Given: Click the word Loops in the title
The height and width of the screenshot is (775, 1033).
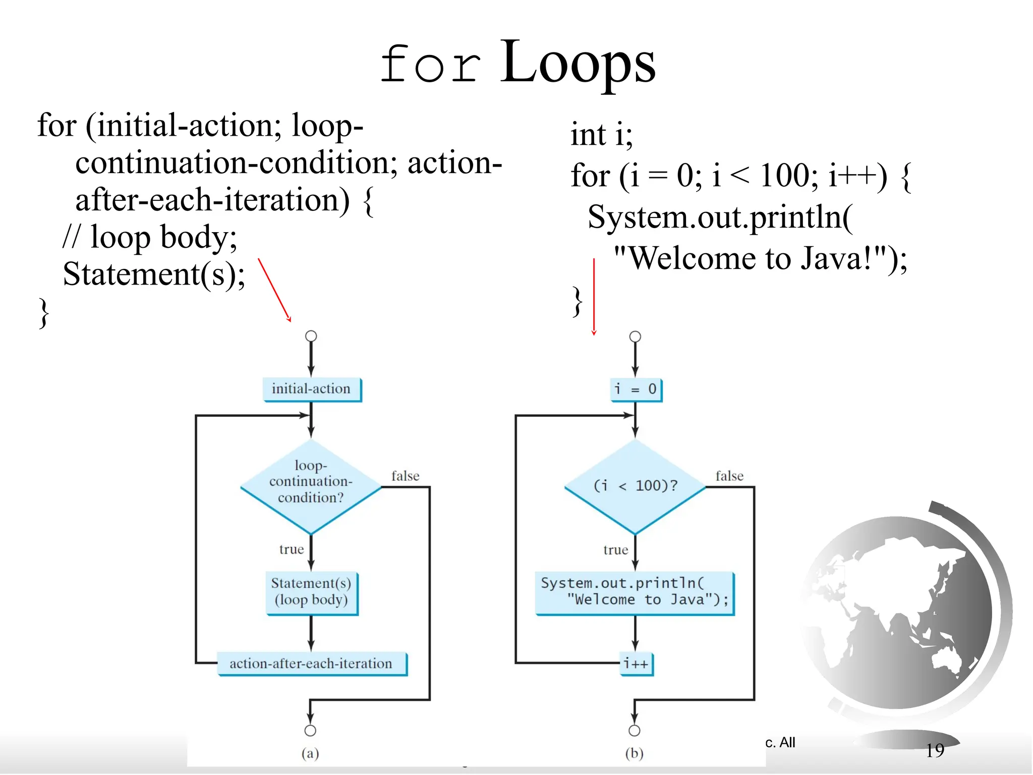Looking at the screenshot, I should coord(577,63).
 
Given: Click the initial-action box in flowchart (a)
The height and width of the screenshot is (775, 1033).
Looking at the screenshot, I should coord(312,389).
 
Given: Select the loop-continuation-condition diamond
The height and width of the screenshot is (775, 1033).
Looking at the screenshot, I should coord(311,486).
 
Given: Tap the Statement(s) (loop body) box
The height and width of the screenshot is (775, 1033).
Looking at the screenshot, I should coord(311,592).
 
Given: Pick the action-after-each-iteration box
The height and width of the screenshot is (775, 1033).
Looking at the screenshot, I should coord(311,663).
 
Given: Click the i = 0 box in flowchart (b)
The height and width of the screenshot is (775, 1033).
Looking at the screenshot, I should coord(635,390).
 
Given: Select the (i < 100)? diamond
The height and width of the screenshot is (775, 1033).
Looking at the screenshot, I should coord(635,486).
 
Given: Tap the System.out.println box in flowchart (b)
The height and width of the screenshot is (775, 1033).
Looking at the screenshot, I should coord(635,592).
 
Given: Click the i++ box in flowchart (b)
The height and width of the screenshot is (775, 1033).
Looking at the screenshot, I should coord(636,663).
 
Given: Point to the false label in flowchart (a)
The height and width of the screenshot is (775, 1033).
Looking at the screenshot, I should coord(405,476).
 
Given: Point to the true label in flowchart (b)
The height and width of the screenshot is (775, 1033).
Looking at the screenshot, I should coord(615,549).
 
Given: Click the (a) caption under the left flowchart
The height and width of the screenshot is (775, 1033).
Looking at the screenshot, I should coord(310,753).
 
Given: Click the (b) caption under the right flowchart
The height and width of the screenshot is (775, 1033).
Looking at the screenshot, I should coord(634,753).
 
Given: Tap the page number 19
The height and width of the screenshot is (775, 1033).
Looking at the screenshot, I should coord(935,750).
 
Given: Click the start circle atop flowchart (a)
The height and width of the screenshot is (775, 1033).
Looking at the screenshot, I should coord(311,336).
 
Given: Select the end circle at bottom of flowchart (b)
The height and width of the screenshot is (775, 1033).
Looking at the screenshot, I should coord(635,730).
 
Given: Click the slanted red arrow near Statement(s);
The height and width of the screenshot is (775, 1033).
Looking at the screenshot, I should coord(274,290).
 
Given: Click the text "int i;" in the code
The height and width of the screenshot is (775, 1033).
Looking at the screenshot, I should coord(601,135).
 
